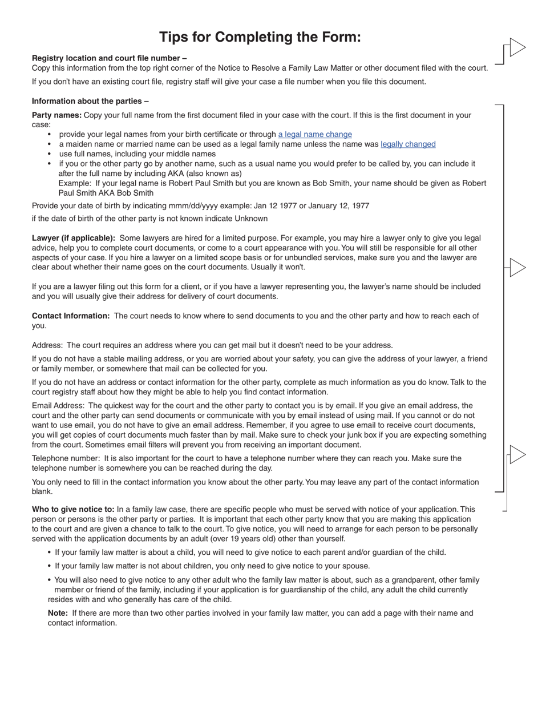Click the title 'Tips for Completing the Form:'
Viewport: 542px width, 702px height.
coord(260,37)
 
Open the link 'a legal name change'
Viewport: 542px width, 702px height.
coord(315,135)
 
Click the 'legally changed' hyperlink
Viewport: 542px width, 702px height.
coord(408,144)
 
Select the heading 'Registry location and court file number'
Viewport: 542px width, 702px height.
coord(109,58)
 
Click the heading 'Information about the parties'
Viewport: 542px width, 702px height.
coord(90,102)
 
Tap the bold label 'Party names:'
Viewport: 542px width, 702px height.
coord(56,115)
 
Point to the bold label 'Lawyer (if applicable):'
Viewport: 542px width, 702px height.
coord(73,238)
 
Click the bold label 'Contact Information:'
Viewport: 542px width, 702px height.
coord(71,316)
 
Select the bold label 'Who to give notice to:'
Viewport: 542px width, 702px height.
coord(73,510)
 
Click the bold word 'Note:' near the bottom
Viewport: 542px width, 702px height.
coord(58,614)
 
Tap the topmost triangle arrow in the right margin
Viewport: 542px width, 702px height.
coord(517,47)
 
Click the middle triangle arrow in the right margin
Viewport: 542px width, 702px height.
coord(517,267)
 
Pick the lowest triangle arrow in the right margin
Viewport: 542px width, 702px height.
coord(517,455)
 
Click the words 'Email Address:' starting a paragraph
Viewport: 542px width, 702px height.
coord(58,406)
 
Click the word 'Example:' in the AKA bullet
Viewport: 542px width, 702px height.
coord(74,184)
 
